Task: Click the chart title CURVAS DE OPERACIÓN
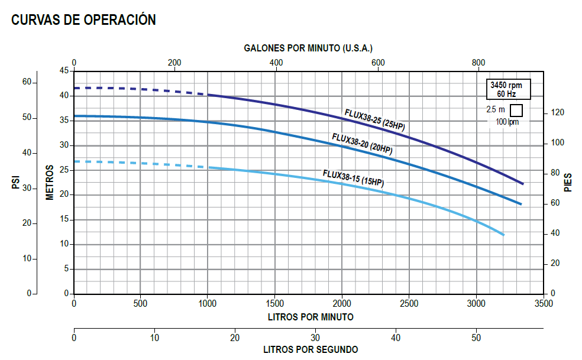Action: (x=83, y=20)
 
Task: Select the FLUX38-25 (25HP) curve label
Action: (x=375, y=119)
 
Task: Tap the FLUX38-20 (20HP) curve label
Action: (x=362, y=144)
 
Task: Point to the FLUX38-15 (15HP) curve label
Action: (x=353, y=178)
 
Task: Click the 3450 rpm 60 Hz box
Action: (x=505, y=89)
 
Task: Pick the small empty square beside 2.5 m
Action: (x=516, y=110)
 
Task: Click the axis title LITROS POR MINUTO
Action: (x=311, y=317)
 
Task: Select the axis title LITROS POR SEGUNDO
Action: (x=311, y=349)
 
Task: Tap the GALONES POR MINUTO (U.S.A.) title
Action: (x=309, y=48)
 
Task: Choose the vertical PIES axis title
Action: (x=568, y=183)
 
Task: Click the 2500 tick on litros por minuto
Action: (x=409, y=304)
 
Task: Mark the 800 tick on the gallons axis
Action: (x=478, y=63)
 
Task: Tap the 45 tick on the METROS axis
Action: (x=63, y=71)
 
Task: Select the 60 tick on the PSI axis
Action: (x=27, y=82)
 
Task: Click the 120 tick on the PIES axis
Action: (x=558, y=112)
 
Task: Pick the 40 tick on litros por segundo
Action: (x=396, y=338)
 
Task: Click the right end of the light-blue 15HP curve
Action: (x=503, y=235)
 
